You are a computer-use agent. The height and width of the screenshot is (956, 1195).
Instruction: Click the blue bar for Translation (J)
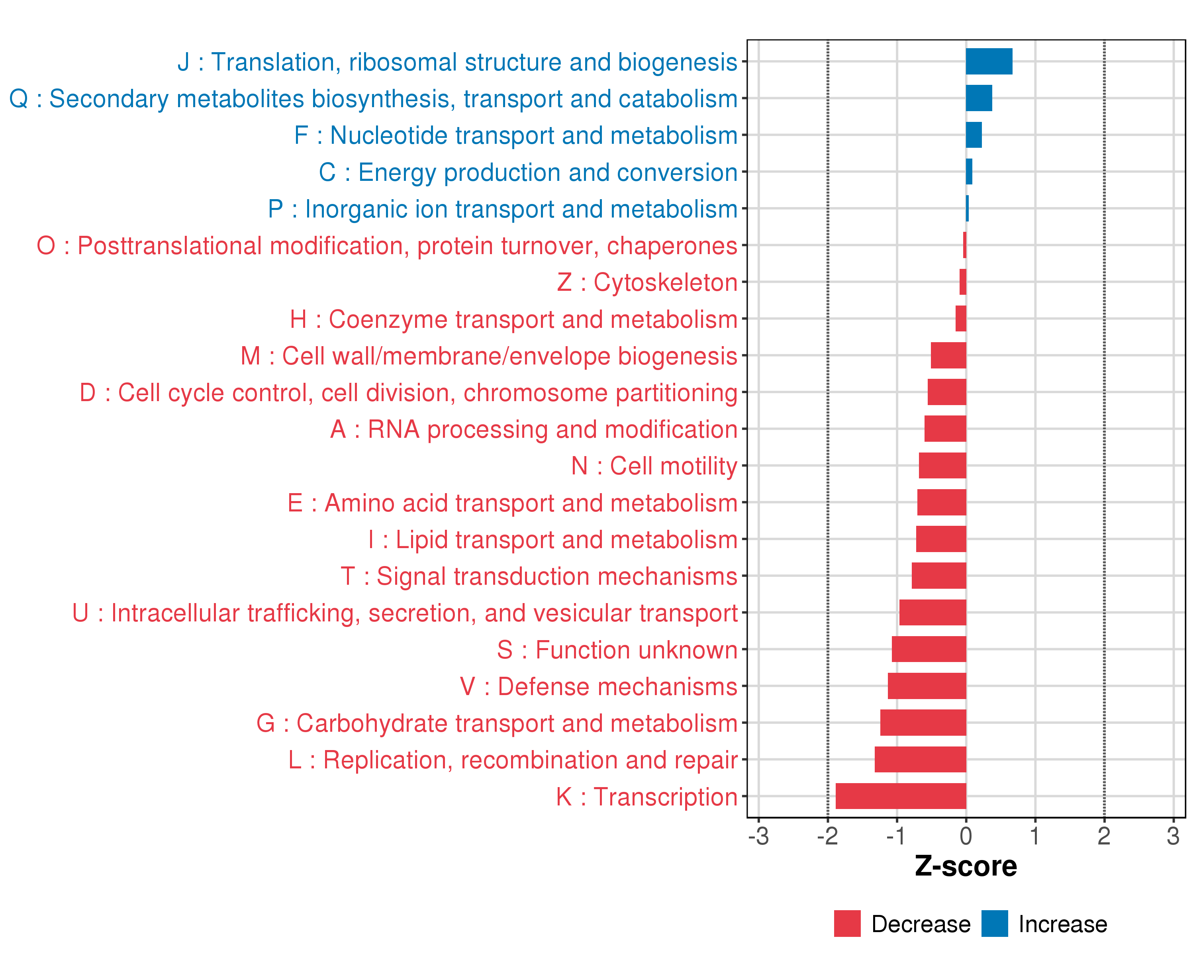click(989, 61)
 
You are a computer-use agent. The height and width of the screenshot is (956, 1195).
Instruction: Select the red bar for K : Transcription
click(901, 796)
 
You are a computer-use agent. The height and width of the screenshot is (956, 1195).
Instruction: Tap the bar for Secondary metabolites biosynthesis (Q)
click(979, 98)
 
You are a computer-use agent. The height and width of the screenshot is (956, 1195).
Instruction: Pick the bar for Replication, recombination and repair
click(920, 759)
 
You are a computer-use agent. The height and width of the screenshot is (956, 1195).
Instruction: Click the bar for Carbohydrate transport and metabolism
click(923, 723)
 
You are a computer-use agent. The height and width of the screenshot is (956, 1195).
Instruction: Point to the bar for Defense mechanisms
click(927, 686)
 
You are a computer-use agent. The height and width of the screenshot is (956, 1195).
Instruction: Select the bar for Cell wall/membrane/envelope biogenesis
click(948, 355)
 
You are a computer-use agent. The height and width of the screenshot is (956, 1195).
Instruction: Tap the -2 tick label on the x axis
click(827, 836)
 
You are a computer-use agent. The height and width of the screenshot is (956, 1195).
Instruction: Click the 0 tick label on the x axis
click(966, 836)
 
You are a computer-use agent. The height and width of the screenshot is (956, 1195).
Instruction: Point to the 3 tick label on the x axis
click(1173, 836)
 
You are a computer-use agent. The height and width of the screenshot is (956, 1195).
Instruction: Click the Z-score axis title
click(966, 866)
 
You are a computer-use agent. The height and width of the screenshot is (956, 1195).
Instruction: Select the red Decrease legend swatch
click(847, 924)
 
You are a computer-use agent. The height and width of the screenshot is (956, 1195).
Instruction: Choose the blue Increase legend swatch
click(994, 924)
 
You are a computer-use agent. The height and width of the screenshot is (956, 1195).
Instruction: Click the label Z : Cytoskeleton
click(647, 282)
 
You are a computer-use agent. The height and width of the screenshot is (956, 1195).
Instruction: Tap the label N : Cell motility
click(654, 466)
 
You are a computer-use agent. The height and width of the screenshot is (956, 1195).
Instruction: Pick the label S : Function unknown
click(617, 650)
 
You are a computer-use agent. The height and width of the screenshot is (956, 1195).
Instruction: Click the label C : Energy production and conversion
click(528, 172)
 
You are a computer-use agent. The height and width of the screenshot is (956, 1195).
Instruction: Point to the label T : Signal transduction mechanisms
click(539, 576)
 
